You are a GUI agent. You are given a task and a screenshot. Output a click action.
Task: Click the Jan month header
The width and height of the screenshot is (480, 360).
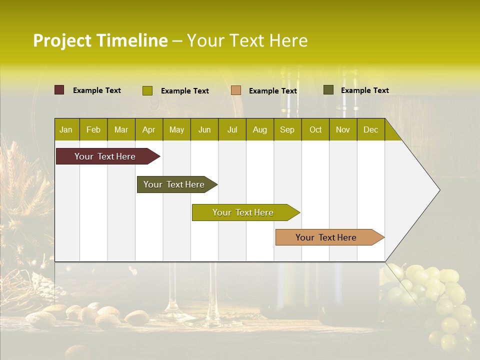pos(66,129)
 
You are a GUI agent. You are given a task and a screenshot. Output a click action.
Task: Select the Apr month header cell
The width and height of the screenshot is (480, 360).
pos(148,129)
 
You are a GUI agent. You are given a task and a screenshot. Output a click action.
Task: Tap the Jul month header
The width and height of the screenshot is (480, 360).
pos(232,129)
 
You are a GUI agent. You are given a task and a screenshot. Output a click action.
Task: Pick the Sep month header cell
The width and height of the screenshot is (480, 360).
pos(287,129)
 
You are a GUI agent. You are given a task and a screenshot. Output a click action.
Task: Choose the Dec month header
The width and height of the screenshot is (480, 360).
pos(370,129)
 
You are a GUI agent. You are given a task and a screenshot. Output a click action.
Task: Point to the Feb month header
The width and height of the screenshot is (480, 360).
pos(93,129)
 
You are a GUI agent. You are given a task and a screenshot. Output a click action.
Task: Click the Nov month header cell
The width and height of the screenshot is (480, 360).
pos(343,129)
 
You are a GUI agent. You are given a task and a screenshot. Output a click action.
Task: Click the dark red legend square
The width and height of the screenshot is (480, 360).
pos(59,90)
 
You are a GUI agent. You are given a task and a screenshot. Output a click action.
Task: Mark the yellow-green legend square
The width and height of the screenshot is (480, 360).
pos(147,90)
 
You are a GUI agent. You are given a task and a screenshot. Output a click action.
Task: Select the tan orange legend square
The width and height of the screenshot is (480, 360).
pos(236,90)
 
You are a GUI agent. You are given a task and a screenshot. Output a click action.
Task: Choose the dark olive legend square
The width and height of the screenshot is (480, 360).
pos(328,90)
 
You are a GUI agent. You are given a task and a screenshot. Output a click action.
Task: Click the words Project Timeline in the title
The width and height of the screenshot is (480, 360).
pos(100,40)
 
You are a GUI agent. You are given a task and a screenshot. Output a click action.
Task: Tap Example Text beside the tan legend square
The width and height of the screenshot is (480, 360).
pos(272,90)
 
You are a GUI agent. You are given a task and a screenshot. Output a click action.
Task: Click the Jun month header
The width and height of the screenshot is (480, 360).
pos(204,129)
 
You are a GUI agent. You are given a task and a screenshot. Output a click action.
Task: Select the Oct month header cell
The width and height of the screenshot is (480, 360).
pos(315,129)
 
